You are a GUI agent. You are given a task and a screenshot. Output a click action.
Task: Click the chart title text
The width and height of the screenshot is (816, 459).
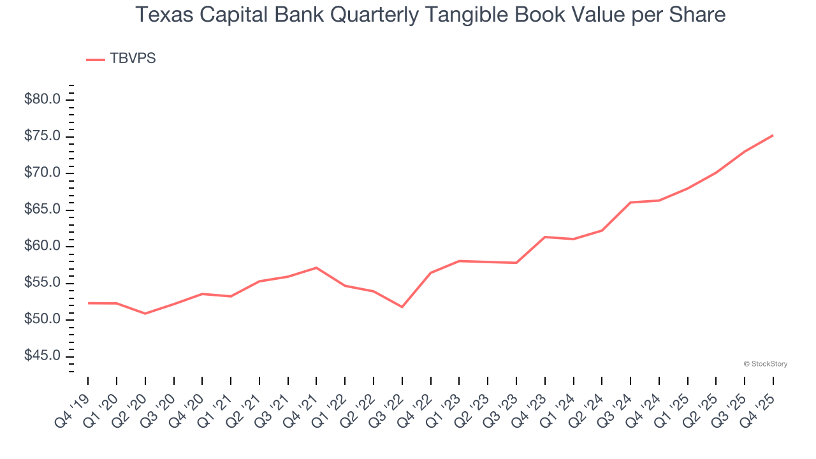(x=430, y=15)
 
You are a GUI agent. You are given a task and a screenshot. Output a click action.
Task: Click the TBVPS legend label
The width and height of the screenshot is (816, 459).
(x=133, y=59)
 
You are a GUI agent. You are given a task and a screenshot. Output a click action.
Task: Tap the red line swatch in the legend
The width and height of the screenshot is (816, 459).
(x=96, y=59)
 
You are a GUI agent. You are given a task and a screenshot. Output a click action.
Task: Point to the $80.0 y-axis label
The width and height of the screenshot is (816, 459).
(x=42, y=99)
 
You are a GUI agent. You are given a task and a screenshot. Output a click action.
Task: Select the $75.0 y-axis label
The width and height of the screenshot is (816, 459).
(x=42, y=136)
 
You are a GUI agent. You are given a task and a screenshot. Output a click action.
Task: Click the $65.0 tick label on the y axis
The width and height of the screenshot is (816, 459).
(x=42, y=210)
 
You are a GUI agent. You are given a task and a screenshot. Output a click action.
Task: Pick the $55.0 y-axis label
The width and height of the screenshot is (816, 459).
(x=42, y=283)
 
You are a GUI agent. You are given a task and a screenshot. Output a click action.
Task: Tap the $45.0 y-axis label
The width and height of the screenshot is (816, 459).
(x=42, y=356)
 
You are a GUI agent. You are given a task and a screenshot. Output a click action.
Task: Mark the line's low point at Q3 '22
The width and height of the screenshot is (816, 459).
(x=402, y=307)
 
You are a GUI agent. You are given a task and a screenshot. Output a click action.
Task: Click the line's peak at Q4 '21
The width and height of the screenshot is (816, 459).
(x=316, y=268)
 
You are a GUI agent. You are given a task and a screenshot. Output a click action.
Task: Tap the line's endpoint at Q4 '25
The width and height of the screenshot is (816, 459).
(x=773, y=135)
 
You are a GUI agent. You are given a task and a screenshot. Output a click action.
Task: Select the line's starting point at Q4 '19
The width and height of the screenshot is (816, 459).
(x=88, y=303)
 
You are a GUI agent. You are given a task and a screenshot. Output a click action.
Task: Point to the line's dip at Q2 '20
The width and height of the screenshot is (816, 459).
(x=145, y=314)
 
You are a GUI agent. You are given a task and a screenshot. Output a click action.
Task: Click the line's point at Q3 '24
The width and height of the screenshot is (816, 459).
(x=630, y=203)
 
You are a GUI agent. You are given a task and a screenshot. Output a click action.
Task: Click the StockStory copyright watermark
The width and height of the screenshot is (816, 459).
(x=765, y=364)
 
